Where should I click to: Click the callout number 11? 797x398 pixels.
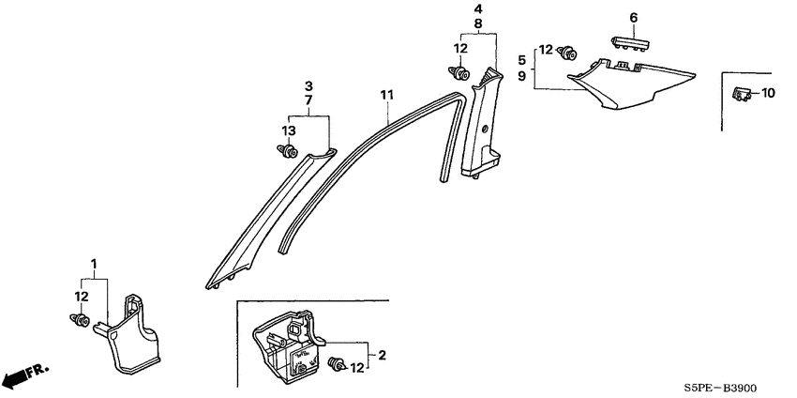pyautogui.click(x=387, y=95)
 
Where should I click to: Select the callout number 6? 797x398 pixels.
pyautogui.click(x=633, y=18)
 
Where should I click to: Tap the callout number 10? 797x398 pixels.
pyautogui.click(x=768, y=93)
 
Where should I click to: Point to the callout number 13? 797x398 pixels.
pyautogui.click(x=289, y=130)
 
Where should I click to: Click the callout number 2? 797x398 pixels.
pyautogui.click(x=383, y=355)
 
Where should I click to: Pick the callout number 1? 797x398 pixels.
pyautogui.click(x=94, y=264)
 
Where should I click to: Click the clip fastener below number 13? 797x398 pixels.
pyautogui.click(x=288, y=151)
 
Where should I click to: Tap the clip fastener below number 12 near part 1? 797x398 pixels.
pyautogui.click(x=80, y=320)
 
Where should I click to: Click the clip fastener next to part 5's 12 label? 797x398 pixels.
pyautogui.click(x=567, y=53)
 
